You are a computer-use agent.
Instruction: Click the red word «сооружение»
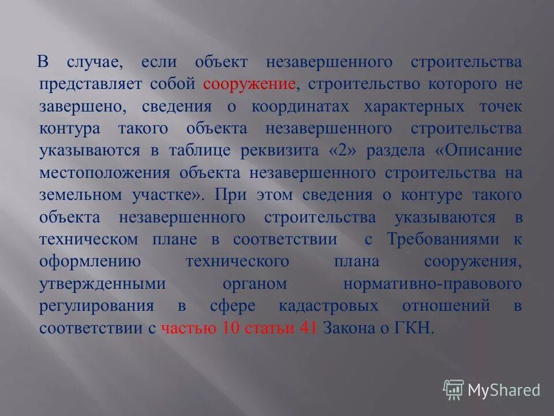point(249,84)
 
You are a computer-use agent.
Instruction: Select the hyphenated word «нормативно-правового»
point(432,284)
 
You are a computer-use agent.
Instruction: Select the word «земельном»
point(80,195)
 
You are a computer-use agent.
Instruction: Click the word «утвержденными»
point(103,284)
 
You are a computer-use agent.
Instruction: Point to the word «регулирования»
point(96,306)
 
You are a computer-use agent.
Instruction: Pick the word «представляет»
point(88,84)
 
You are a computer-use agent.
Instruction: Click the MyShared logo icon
point(453,389)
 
